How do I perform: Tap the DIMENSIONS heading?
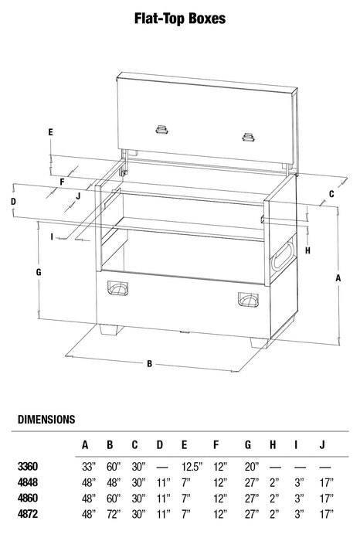46,420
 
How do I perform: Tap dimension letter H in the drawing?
307,250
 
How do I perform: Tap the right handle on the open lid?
249,137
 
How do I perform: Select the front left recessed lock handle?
120,288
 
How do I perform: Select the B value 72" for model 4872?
111,513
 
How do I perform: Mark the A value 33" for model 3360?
87,467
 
